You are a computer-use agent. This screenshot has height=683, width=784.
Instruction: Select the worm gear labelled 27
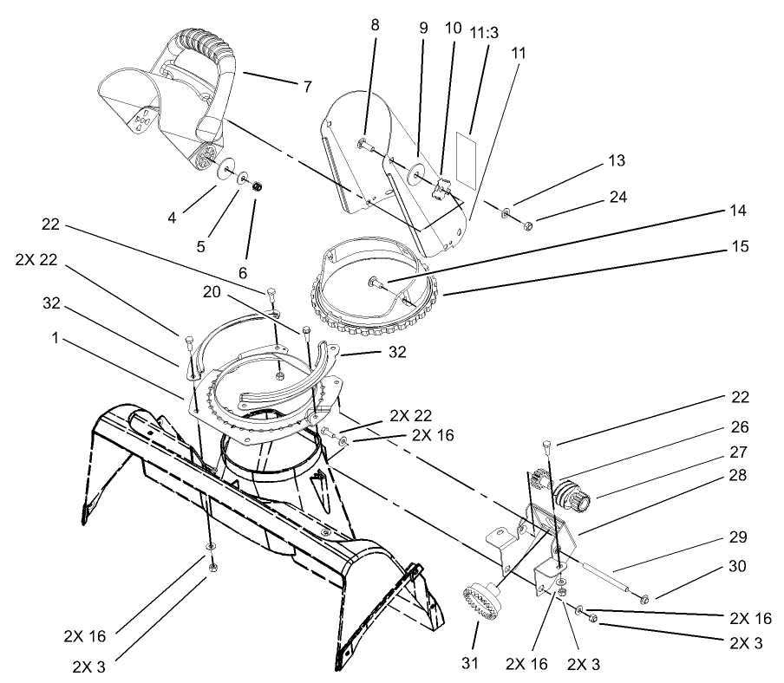click(x=575, y=498)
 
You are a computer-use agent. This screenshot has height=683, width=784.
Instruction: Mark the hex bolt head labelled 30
click(x=643, y=598)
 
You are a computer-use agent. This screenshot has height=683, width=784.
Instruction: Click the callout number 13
click(x=617, y=161)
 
